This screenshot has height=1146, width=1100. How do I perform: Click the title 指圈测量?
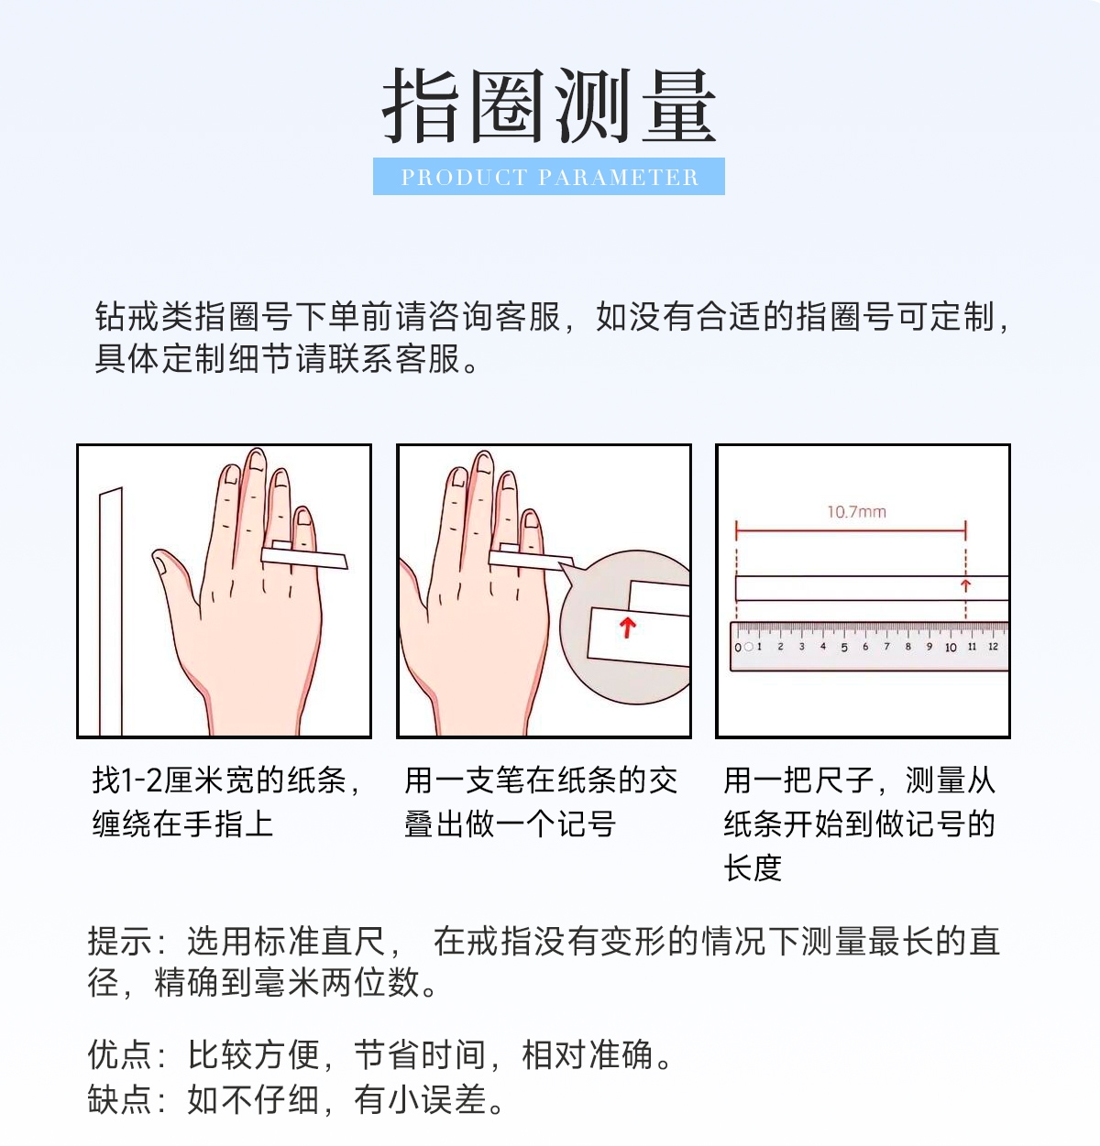click(549, 106)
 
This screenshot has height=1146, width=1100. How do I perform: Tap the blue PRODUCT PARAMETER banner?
click(549, 176)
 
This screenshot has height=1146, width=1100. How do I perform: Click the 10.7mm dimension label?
click(856, 512)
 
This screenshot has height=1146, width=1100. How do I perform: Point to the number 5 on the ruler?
click(844, 648)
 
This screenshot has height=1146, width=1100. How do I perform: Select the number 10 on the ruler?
click(951, 648)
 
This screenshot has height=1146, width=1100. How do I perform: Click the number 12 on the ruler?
click(994, 647)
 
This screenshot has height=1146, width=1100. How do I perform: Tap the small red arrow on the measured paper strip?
click(965, 585)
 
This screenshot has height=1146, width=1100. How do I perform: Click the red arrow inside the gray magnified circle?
click(628, 628)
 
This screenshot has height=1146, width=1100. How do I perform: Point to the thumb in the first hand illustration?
click(170, 577)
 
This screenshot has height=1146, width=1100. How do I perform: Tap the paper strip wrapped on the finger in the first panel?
click(304, 558)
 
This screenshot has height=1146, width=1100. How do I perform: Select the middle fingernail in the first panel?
click(258, 460)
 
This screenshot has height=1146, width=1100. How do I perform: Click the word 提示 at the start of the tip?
click(121, 941)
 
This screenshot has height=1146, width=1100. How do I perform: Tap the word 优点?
click(121, 1053)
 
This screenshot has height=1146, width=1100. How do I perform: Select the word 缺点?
click(121, 1098)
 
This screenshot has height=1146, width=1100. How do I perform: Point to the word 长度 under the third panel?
click(753, 868)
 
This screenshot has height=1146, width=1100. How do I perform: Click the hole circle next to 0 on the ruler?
click(748, 647)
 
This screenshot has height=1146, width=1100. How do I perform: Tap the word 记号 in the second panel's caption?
click(587, 824)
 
